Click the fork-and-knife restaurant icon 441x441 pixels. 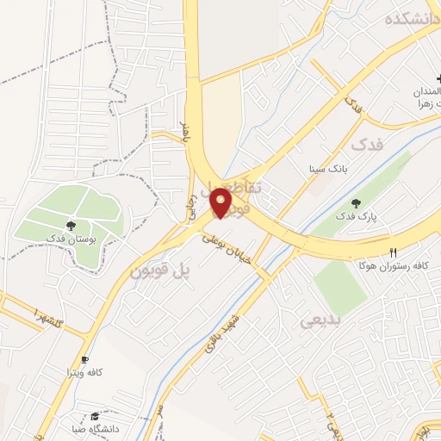coord(394,253)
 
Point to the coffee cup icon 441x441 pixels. coord(84,360)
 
